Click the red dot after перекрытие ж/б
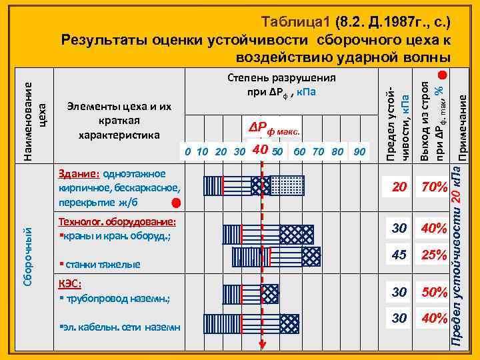[x=175, y=201]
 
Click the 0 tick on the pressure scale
[x=189, y=151]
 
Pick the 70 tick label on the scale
[x=319, y=151]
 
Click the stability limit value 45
[x=399, y=254]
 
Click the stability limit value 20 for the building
[x=399, y=189]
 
